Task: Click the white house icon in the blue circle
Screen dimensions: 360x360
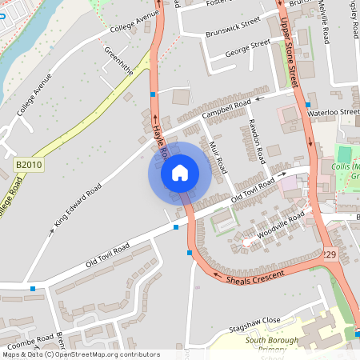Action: click(179, 172)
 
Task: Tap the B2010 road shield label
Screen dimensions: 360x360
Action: click(29, 165)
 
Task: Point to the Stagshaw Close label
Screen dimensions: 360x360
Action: click(254, 321)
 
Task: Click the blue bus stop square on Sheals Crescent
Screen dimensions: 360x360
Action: click(189, 253)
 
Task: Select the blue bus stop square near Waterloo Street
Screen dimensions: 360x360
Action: click(308, 105)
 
